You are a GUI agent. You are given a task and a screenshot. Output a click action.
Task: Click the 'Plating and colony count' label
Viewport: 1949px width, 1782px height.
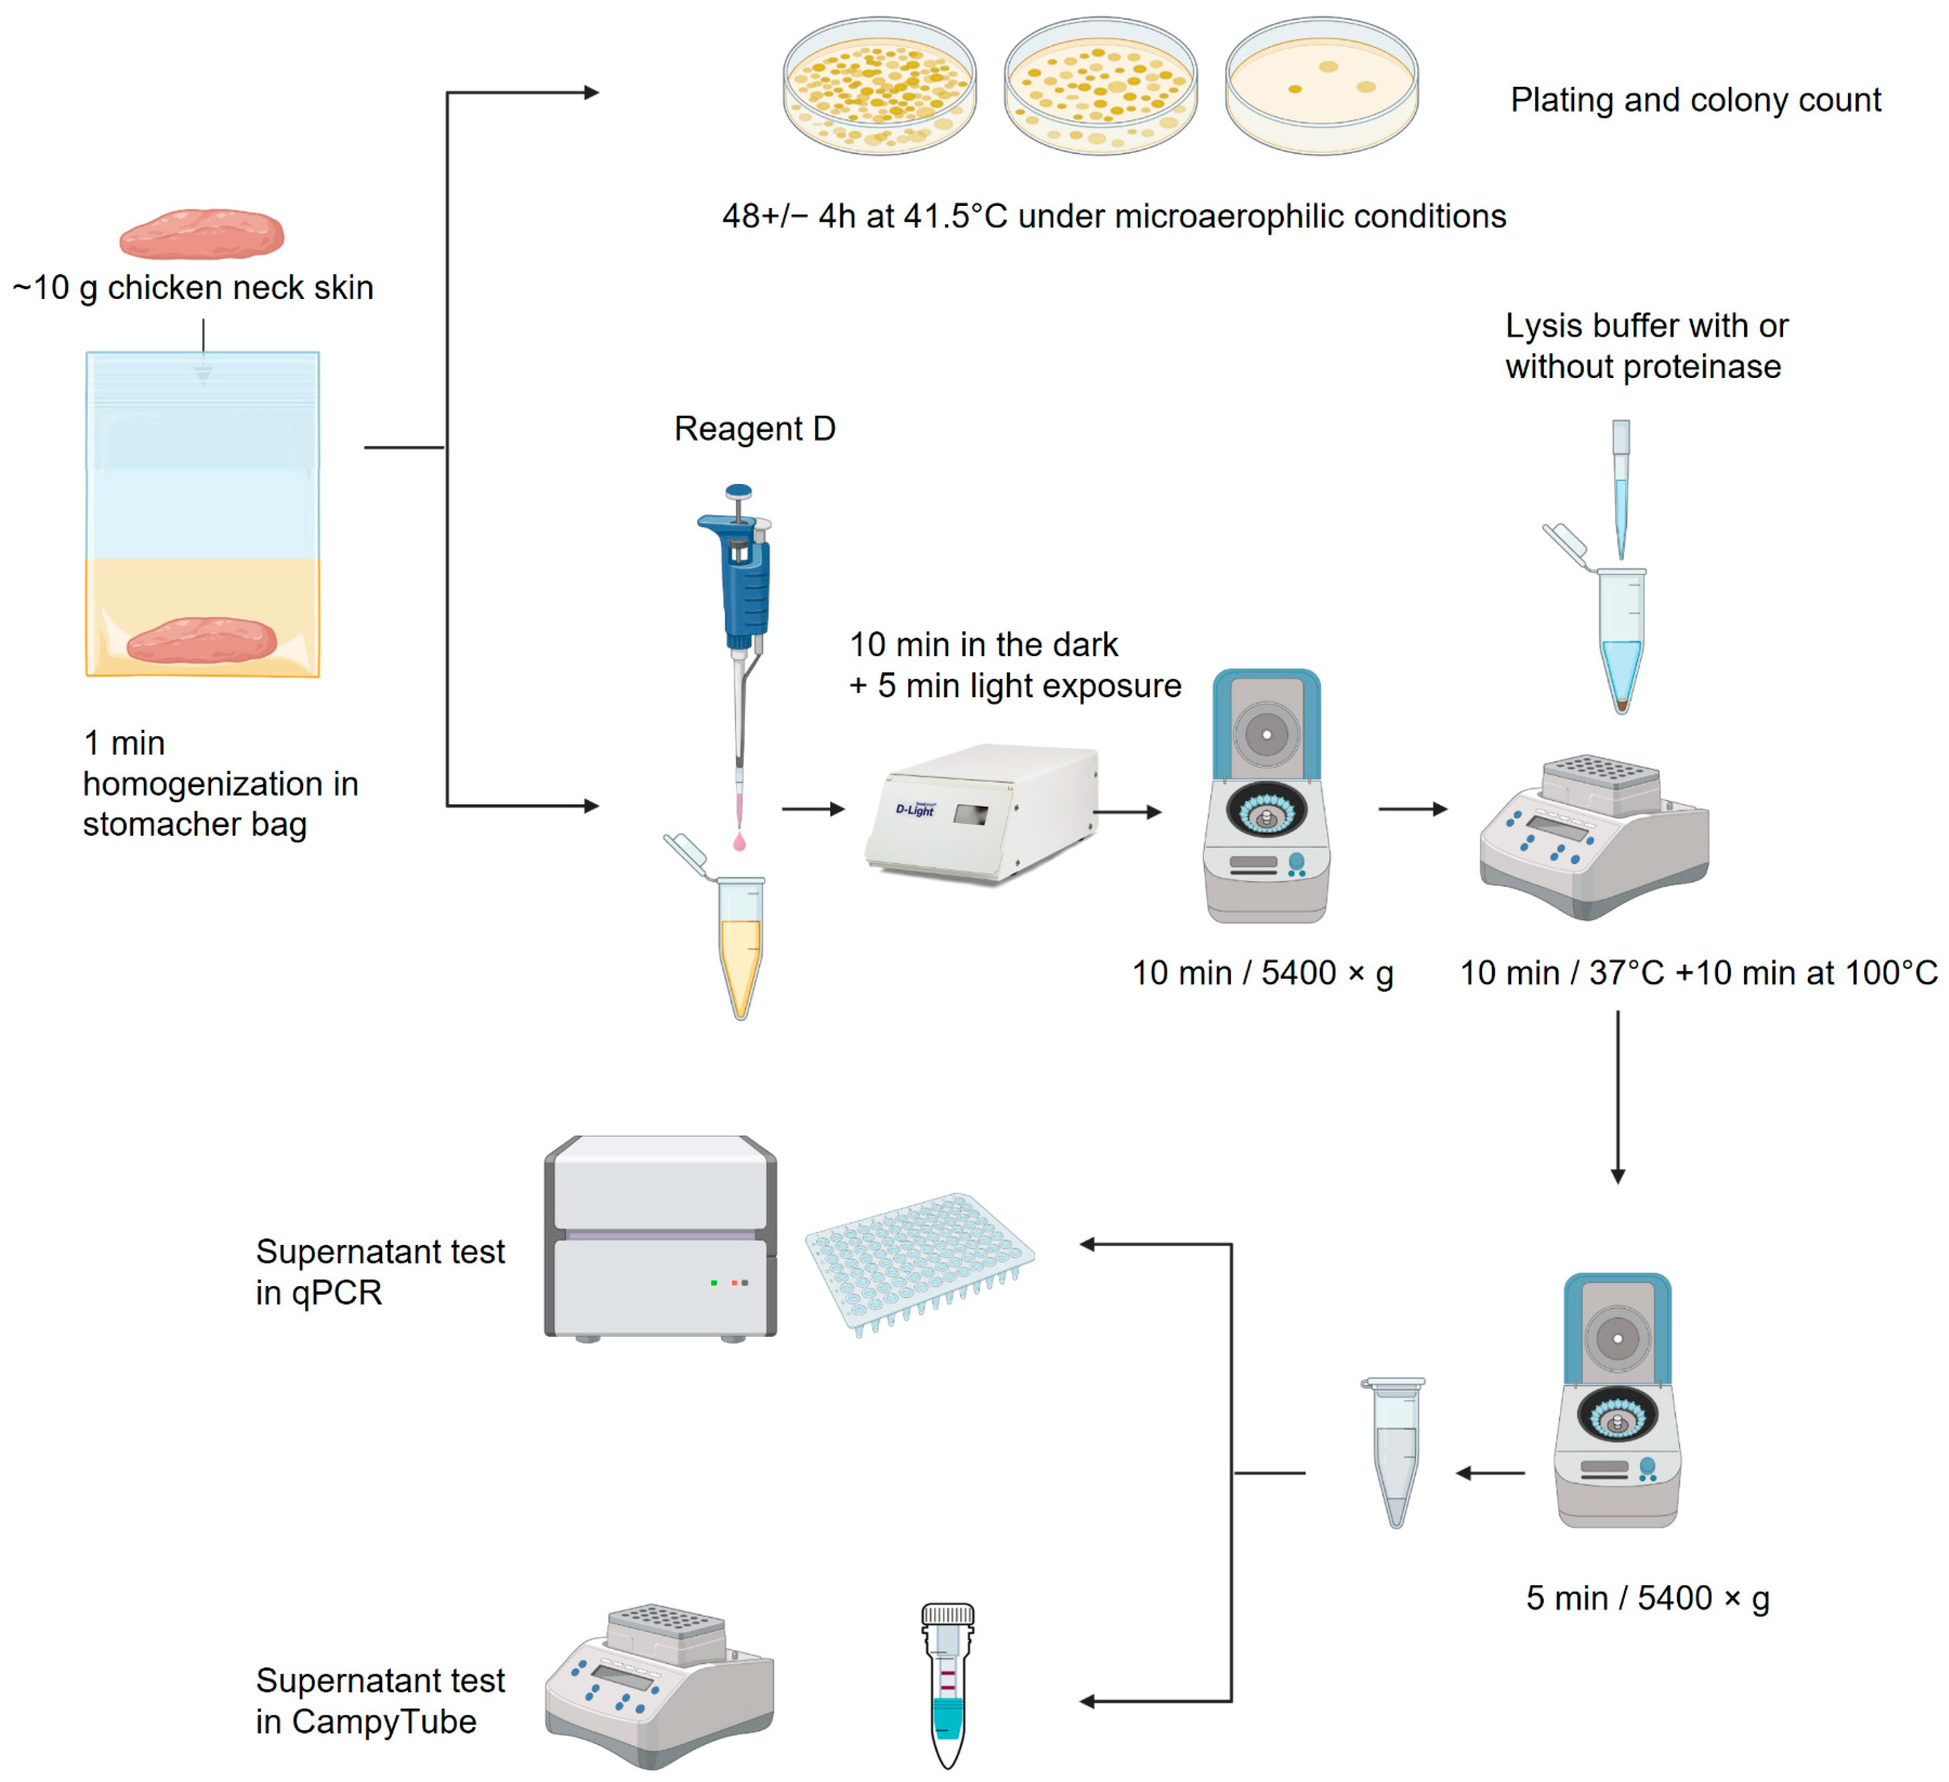[x=1695, y=99]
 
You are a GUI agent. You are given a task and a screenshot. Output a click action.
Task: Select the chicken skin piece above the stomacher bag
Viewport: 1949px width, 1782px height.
[x=202, y=234]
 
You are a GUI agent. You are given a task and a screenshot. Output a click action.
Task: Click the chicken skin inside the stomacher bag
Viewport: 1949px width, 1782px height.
[x=202, y=640]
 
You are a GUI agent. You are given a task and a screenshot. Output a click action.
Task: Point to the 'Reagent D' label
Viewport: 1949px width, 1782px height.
[x=754, y=428]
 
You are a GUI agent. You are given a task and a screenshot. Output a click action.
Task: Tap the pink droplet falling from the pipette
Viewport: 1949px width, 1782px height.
[x=739, y=843]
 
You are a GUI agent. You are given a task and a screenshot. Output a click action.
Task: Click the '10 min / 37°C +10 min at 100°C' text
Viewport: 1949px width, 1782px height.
[x=1698, y=972]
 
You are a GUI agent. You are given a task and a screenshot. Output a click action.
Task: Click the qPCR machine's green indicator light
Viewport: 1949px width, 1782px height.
[x=713, y=1282]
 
